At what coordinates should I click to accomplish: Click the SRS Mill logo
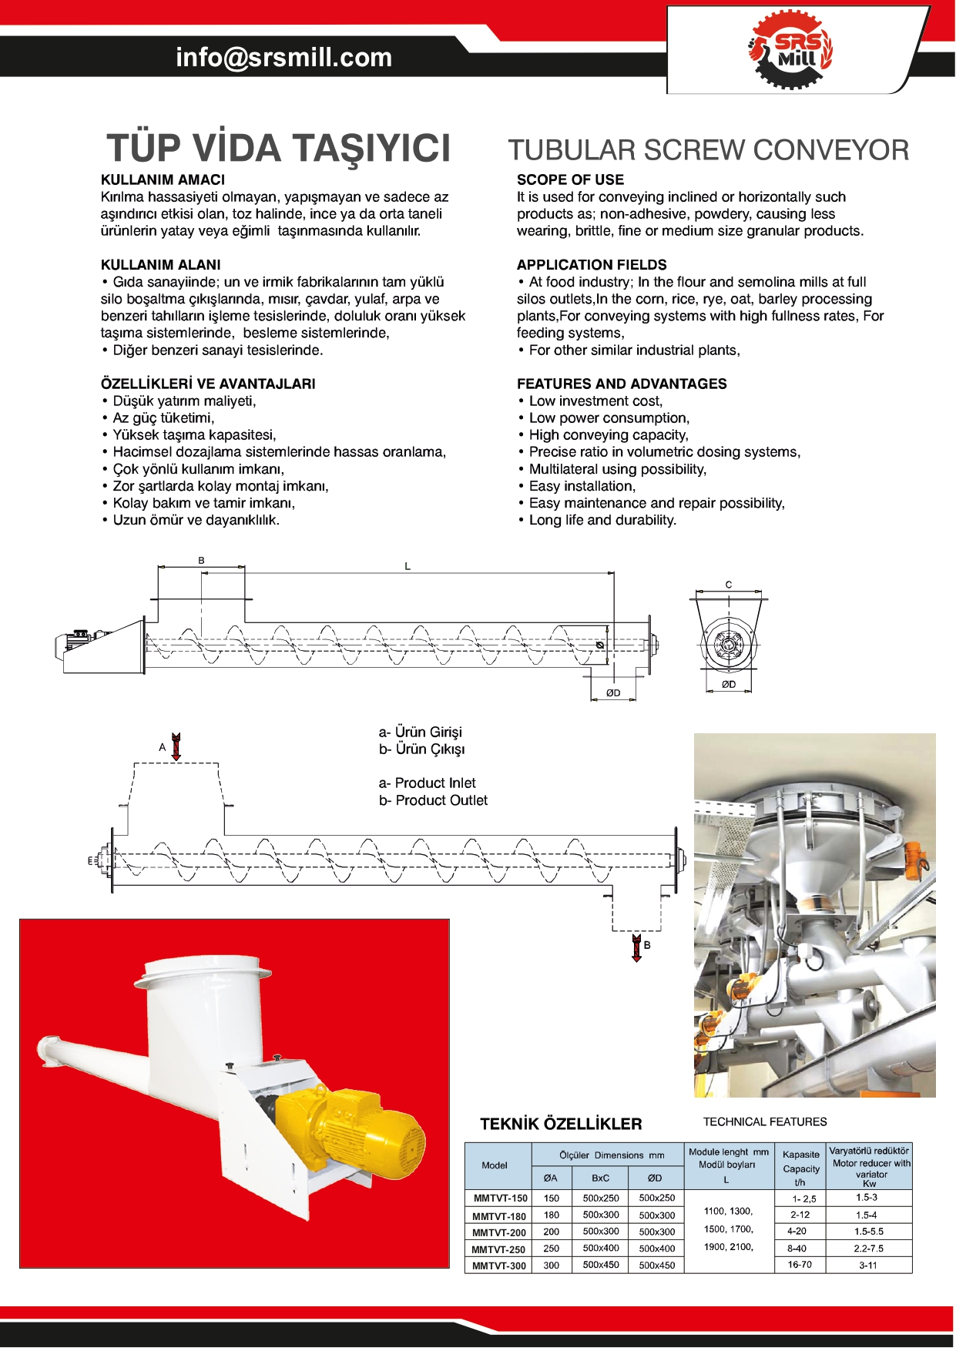pyautogui.click(x=790, y=50)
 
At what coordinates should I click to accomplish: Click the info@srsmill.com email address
pyautogui.click(x=283, y=57)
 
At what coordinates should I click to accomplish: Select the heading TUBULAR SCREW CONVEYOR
pyautogui.click(x=708, y=150)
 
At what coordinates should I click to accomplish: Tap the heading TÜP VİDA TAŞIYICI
pyautogui.click(x=278, y=148)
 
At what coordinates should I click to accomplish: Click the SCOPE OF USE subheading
pyautogui.click(x=570, y=179)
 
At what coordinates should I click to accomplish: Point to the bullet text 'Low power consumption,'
pyautogui.click(x=609, y=418)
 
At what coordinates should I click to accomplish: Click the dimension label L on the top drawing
pyautogui.click(x=408, y=566)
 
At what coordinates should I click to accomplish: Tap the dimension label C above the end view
pyautogui.click(x=729, y=585)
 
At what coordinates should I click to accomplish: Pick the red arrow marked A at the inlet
pyautogui.click(x=176, y=746)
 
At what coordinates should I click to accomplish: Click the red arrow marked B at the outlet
pyautogui.click(x=636, y=947)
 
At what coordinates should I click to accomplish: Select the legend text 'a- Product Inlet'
pyautogui.click(x=427, y=783)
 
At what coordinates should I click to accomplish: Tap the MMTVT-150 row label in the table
pyautogui.click(x=500, y=1198)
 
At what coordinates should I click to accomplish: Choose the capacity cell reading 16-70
pyautogui.click(x=800, y=1265)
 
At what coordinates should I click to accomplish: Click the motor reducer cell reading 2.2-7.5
pyautogui.click(x=868, y=1249)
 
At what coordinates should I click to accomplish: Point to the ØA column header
pyautogui.click(x=551, y=1178)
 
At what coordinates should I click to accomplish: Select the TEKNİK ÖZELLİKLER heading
pyautogui.click(x=561, y=1124)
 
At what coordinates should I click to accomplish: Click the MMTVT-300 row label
pyautogui.click(x=499, y=1266)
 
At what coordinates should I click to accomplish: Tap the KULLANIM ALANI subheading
pyautogui.click(x=160, y=265)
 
